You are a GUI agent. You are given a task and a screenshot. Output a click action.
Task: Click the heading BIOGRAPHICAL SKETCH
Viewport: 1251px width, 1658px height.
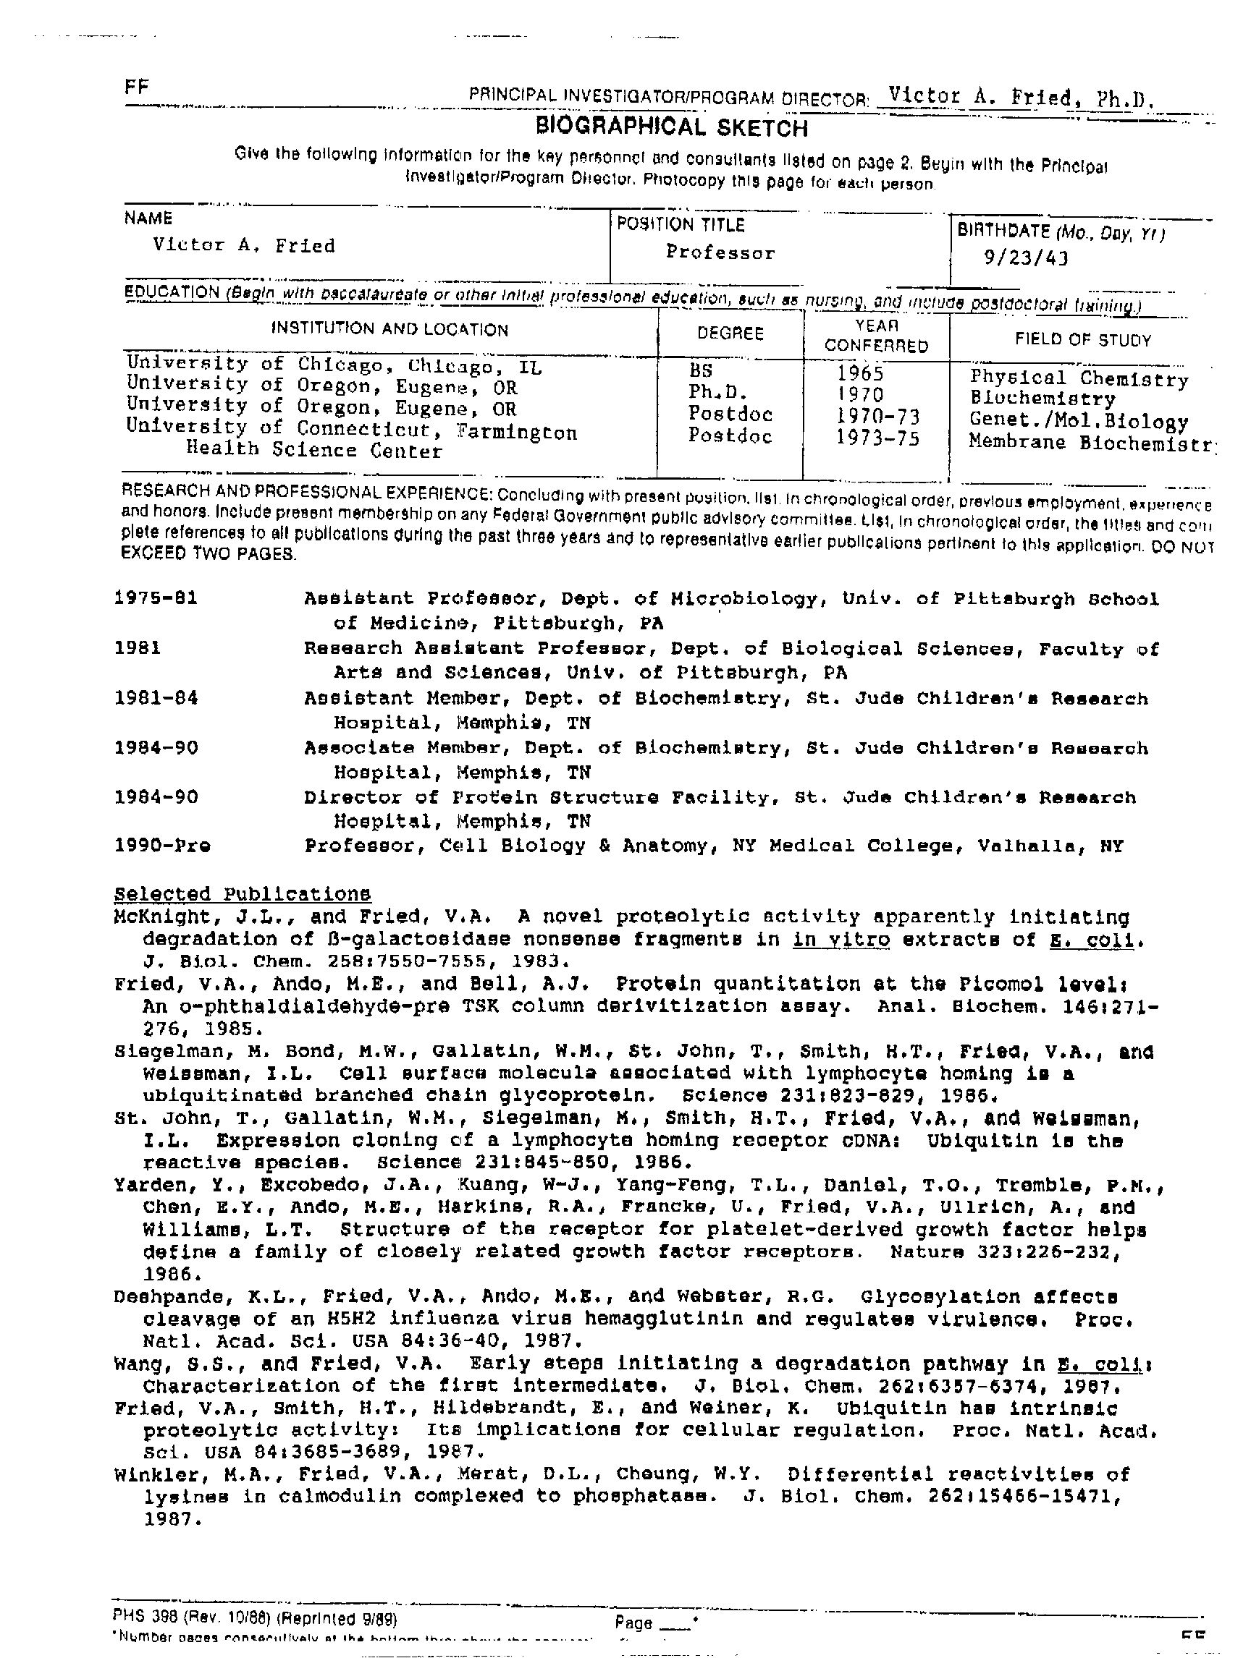tap(671, 127)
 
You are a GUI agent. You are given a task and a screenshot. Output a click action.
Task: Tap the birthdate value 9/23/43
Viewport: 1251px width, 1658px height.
tap(1025, 258)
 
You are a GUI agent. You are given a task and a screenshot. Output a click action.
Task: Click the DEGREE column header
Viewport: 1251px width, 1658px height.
tap(730, 333)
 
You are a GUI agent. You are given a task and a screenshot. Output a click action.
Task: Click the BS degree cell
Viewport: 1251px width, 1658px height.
tap(702, 370)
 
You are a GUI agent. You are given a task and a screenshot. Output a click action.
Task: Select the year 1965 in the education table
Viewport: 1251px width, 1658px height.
tap(860, 373)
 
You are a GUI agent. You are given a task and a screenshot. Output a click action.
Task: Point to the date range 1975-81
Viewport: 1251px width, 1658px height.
tap(156, 598)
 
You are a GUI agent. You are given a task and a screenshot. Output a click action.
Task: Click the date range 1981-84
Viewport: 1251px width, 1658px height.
tap(156, 698)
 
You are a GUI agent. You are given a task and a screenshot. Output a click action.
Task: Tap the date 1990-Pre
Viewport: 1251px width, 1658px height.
tap(162, 846)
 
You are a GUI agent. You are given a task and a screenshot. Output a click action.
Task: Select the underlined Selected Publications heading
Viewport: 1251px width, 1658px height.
tap(243, 893)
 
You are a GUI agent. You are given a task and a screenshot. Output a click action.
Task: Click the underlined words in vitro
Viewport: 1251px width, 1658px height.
tap(841, 939)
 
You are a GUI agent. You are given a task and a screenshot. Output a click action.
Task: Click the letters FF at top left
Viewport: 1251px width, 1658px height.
tap(138, 87)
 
